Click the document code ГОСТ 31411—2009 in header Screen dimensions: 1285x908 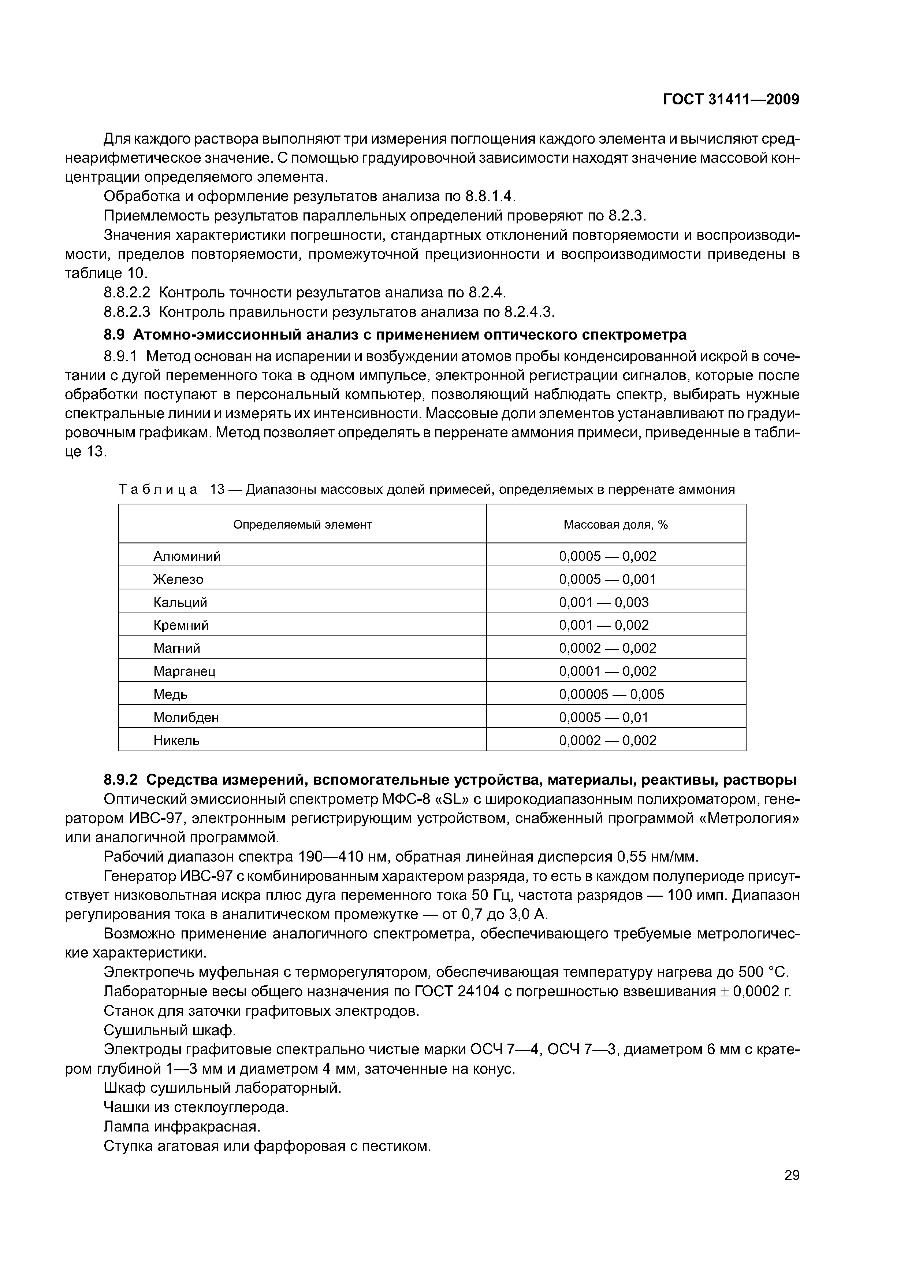731,100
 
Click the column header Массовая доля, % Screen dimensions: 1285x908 615,525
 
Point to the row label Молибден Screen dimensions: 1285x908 186,717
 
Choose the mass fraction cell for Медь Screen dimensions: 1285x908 611,694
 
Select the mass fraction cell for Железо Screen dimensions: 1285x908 607,579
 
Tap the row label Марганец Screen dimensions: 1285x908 185,671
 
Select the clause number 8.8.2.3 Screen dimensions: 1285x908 127,312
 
